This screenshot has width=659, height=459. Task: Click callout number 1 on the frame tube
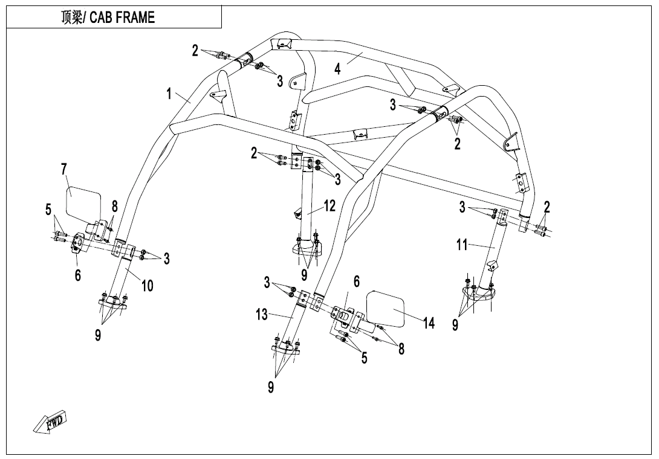170,94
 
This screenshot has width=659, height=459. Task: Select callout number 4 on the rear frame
337,69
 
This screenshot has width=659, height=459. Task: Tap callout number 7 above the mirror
64,170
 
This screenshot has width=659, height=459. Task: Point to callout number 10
148,286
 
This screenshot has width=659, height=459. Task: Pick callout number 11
462,245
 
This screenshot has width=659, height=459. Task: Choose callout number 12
329,206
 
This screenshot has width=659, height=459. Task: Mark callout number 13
262,314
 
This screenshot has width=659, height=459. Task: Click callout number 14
429,323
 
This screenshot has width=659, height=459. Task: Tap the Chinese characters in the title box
73,18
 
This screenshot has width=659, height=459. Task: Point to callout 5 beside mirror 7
48,210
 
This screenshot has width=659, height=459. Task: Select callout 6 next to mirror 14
357,281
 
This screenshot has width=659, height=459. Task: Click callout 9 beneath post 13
271,387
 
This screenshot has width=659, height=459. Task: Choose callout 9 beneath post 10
98,336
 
